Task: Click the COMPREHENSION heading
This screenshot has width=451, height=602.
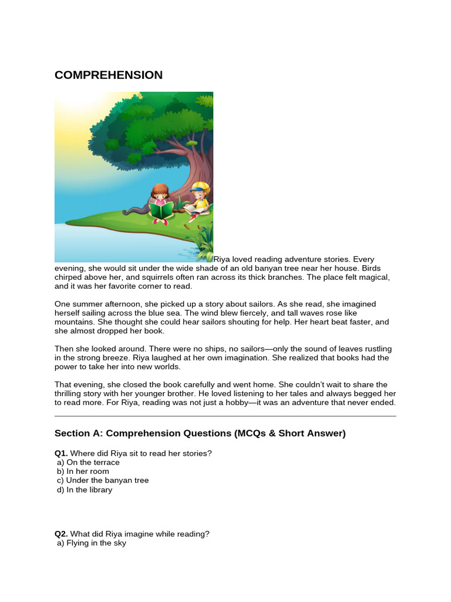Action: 109,75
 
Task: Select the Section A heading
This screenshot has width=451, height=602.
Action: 200,433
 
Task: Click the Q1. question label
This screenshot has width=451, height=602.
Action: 62,453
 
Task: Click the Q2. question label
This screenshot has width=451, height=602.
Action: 62,534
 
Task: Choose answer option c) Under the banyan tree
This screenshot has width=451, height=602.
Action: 103,480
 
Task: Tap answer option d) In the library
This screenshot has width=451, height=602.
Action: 85,490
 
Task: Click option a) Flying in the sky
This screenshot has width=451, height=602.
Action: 92,543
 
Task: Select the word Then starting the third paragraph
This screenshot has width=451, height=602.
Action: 63,349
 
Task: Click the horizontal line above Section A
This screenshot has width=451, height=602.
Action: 225,416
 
